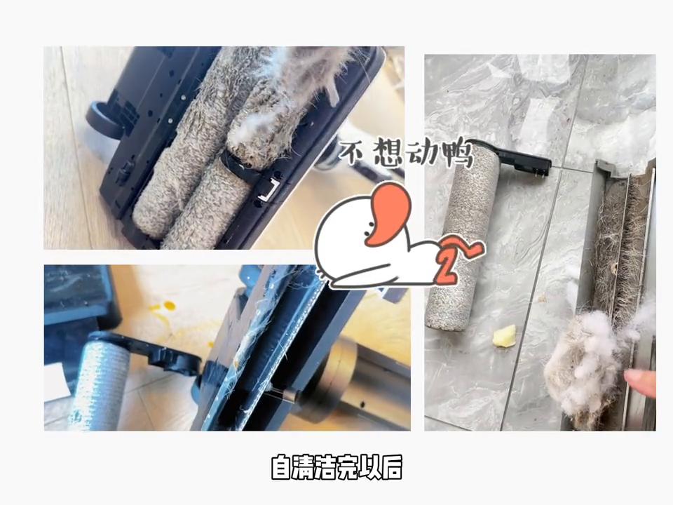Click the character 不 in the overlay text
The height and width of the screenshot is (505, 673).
[x=353, y=154]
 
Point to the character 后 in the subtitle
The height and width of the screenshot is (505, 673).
[x=390, y=468]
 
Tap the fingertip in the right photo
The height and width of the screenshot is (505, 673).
[x=639, y=382]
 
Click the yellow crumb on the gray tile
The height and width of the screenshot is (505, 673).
[x=504, y=336]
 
